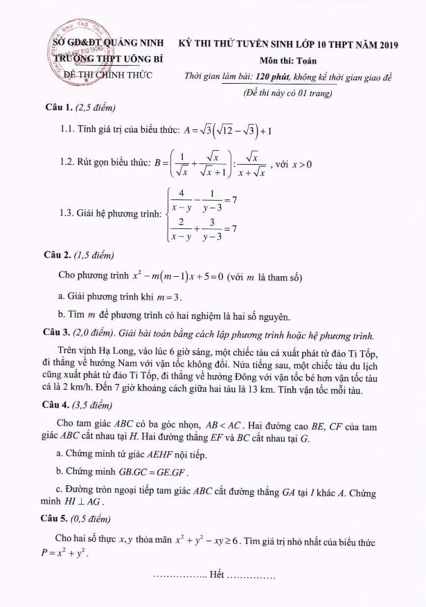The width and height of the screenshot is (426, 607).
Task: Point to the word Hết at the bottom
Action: pos(216,576)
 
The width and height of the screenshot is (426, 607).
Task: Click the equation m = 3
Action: pos(169,298)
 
